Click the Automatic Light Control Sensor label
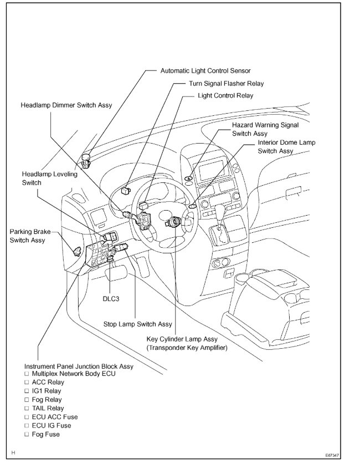tap(205, 71)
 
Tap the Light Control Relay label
tap(225, 95)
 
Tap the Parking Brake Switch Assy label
tap(27, 236)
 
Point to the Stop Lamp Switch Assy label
tap(137, 324)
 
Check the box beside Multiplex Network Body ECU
tap(26, 374)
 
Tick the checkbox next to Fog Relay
tap(26, 400)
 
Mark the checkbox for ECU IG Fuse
tap(26, 426)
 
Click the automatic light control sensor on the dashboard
tap(86, 160)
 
